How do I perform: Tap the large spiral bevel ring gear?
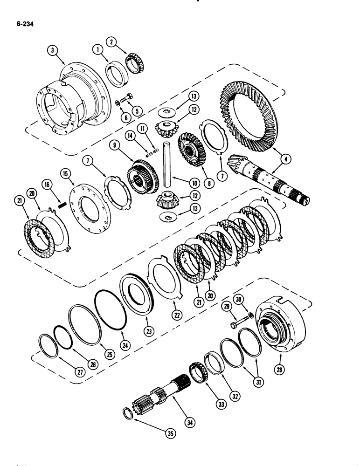pos(250,116)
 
